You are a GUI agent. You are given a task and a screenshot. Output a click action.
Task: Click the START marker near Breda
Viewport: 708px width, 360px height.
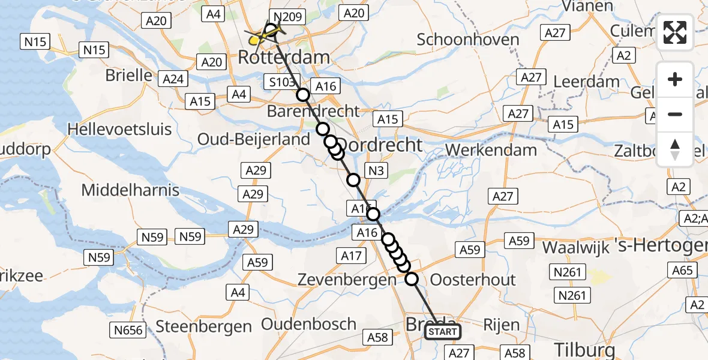443,332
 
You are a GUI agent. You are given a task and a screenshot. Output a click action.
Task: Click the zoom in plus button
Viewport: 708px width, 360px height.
675,79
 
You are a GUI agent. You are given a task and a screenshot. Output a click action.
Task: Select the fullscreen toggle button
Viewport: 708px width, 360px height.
675,32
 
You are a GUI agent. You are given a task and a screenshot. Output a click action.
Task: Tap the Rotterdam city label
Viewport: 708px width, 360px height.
284,58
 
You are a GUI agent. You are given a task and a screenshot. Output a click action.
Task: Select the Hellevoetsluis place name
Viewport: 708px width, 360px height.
119,129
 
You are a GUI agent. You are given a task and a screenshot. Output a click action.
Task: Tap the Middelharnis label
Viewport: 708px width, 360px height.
130,190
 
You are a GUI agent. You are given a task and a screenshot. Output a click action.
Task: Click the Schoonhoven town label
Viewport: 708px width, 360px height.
468,40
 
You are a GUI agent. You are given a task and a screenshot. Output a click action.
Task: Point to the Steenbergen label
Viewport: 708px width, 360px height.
203,326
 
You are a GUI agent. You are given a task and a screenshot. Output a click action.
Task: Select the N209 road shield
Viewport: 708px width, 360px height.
289,17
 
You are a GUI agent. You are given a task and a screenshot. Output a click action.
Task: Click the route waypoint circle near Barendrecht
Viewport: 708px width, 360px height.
303,95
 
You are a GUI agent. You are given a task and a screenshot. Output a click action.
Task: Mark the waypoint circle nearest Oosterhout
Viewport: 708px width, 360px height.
412,278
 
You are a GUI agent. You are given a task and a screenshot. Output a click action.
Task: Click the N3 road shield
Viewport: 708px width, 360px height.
376,171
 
